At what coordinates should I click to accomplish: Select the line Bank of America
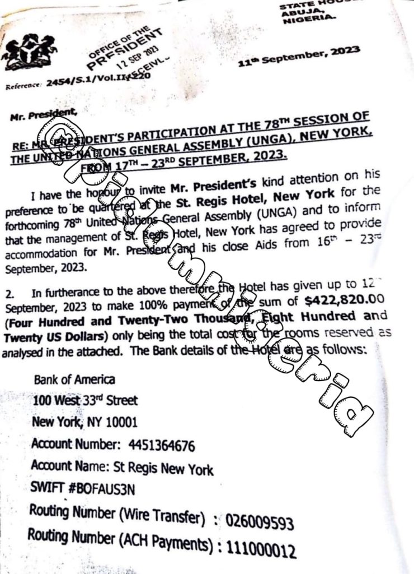[74, 379]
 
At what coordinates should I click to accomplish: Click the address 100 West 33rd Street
[84, 400]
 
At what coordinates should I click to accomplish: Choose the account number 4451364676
[162, 446]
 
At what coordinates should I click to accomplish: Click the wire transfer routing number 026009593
[260, 524]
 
